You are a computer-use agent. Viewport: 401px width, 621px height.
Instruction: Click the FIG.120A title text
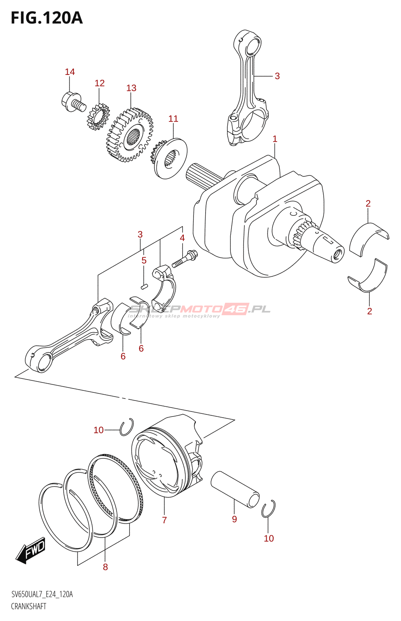tap(47, 18)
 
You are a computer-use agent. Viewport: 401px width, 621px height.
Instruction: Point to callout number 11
tap(173, 119)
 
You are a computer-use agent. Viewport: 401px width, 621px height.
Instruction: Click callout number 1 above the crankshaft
tap(275, 139)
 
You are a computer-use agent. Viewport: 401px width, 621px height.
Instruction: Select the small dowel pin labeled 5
tap(144, 286)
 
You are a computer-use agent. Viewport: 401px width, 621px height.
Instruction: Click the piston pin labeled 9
tap(235, 489)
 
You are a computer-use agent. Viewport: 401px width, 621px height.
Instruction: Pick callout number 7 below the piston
tap(164, 520)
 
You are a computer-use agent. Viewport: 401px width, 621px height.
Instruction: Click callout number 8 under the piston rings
tap(105, 567)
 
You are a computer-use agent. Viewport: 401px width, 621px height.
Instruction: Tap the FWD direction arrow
tap(31, 550)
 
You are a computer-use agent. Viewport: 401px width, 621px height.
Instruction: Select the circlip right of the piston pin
tap(268, 509)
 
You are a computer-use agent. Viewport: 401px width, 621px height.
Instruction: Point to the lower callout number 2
tap(370, 311)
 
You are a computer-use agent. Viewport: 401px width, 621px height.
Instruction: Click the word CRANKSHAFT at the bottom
tap(28, 606)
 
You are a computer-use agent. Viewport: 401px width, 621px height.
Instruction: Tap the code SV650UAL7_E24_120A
tap(42, 594)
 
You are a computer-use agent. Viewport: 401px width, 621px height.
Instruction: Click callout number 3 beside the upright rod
tap(277, 76)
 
